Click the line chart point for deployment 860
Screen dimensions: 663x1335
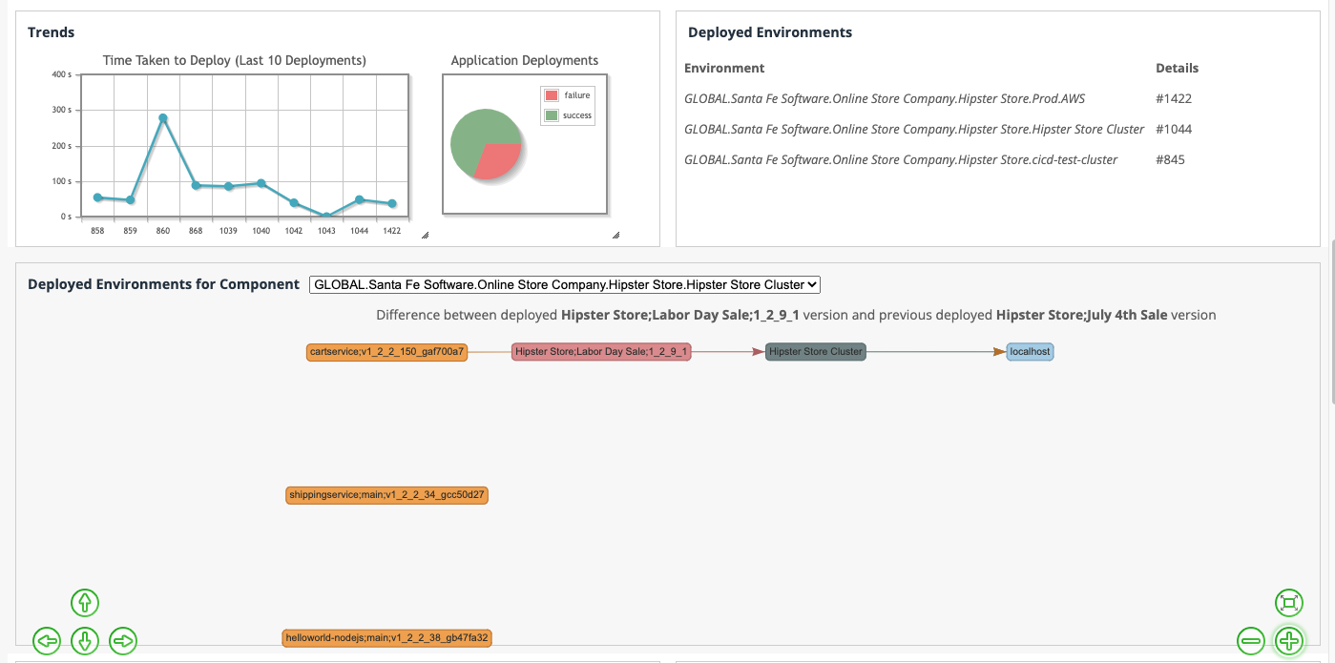pyautogui.click(x=163, y=118)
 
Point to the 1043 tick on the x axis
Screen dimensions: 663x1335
pyautogui.click(x=326, y=231)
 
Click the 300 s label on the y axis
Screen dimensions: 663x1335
pyautogui.click(x=61, y=110)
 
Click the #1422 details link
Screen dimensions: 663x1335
pyautogui.click(x=1174, y=98)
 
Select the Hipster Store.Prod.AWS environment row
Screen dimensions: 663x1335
pyautogui.click(x=885, y=98)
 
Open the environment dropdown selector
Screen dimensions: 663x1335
pyautogui.click(x=565, y=284)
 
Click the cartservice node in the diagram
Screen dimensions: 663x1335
pyautogui.click(x=387, y=352)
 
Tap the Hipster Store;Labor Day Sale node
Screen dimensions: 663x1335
pyautogui.click(x=601, y=352)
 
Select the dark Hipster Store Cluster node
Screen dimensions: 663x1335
pyautogui.click(x=816, y=352)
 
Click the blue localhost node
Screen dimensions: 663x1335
pyautogui.click(x=1030, y=352)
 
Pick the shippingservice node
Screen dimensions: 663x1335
pyautogui.click(x=386, y=495)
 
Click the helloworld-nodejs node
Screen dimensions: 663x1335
pyautogui.click(x=386, y=637)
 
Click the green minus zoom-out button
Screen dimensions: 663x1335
pyautogui.click(x=1251, y=640)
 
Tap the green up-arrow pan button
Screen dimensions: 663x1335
pyautogui.click(x=85, y=603)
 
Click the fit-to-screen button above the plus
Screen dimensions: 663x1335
pyautogui.click(x=1289, y=602)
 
